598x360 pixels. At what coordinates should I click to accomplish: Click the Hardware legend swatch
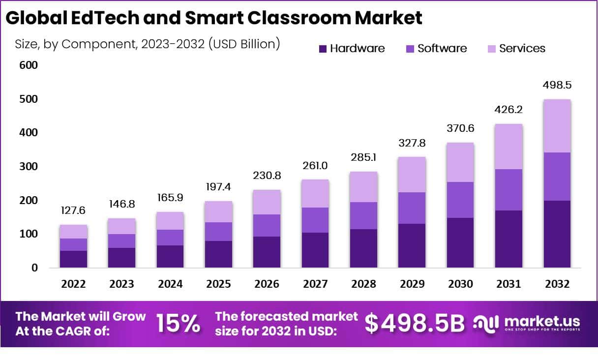click(323, 49)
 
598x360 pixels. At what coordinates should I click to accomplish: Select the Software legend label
click(442, 49)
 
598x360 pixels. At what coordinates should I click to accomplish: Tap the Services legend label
click(522, 49)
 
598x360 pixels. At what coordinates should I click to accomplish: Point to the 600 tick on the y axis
click(29, 65)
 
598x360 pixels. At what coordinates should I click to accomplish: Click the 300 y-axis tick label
click(29, 167)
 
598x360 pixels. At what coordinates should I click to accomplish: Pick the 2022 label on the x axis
click(73, 284)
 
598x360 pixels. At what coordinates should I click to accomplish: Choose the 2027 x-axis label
click(315, 284)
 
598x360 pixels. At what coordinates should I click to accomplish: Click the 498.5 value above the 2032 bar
click(557, 85)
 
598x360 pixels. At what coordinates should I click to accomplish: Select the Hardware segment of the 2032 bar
click(557, 234)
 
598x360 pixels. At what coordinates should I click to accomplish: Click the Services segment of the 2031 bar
click(508, 147)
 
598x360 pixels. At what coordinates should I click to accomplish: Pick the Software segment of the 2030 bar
click(460, 200)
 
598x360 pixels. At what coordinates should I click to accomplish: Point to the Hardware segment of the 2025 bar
click(218, 254)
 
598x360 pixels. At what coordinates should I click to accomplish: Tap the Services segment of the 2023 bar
click(121, 226)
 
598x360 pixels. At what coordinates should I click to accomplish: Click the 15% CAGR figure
click(178, 324)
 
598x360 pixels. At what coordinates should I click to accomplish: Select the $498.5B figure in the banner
click(415, 324)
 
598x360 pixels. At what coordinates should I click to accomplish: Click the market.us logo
click(526, 323)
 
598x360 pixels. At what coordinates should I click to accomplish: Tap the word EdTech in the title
click(101, 18)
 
